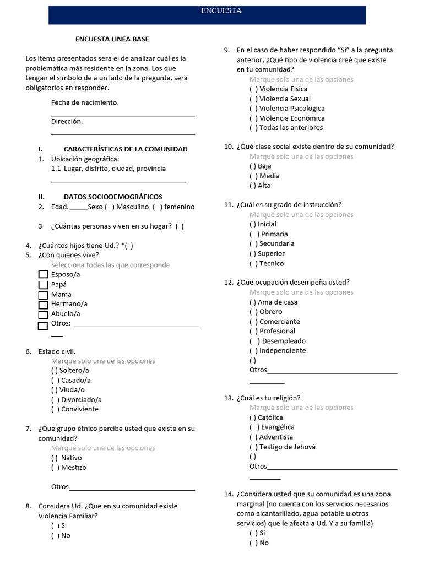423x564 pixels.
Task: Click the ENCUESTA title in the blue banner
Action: click(220, 10)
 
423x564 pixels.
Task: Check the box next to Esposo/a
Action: click(43, 275)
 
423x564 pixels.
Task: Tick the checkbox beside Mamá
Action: click(43, 295)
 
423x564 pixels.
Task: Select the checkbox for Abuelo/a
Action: click(43, 314)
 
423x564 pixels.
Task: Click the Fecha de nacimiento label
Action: click(85, 102)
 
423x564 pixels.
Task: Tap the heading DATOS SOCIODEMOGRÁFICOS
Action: click(113, 197)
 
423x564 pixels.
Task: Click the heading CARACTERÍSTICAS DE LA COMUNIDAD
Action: click(126, 149)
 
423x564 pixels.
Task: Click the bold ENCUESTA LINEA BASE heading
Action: click(112, 39)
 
